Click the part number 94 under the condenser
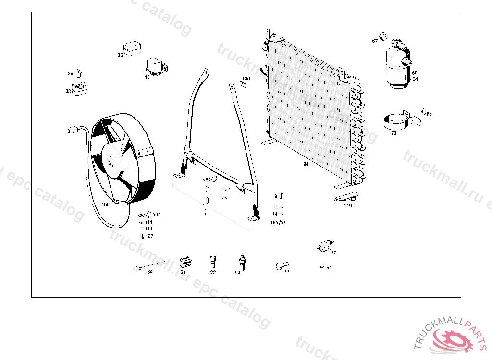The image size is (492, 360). (306, 164)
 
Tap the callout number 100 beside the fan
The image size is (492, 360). (105, 204)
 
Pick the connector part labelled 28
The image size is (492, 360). (81, 89)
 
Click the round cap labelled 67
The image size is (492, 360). (383, 35)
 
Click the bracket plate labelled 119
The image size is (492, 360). (347, 197)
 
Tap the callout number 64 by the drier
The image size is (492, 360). (415, 79)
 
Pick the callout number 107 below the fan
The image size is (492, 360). (149, 236)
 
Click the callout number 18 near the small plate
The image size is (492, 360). (273, 222)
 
